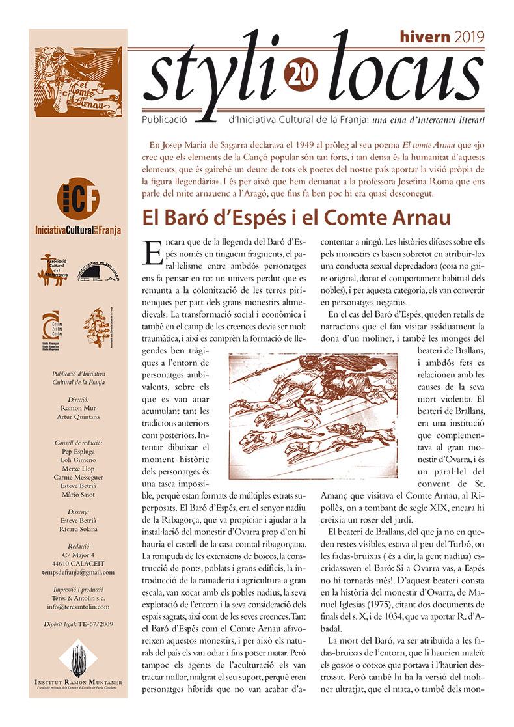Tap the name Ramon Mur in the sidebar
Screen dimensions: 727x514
click(78, 408)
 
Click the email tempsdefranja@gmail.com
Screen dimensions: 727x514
click(78, 572)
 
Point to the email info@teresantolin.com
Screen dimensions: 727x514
click(78, 607)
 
